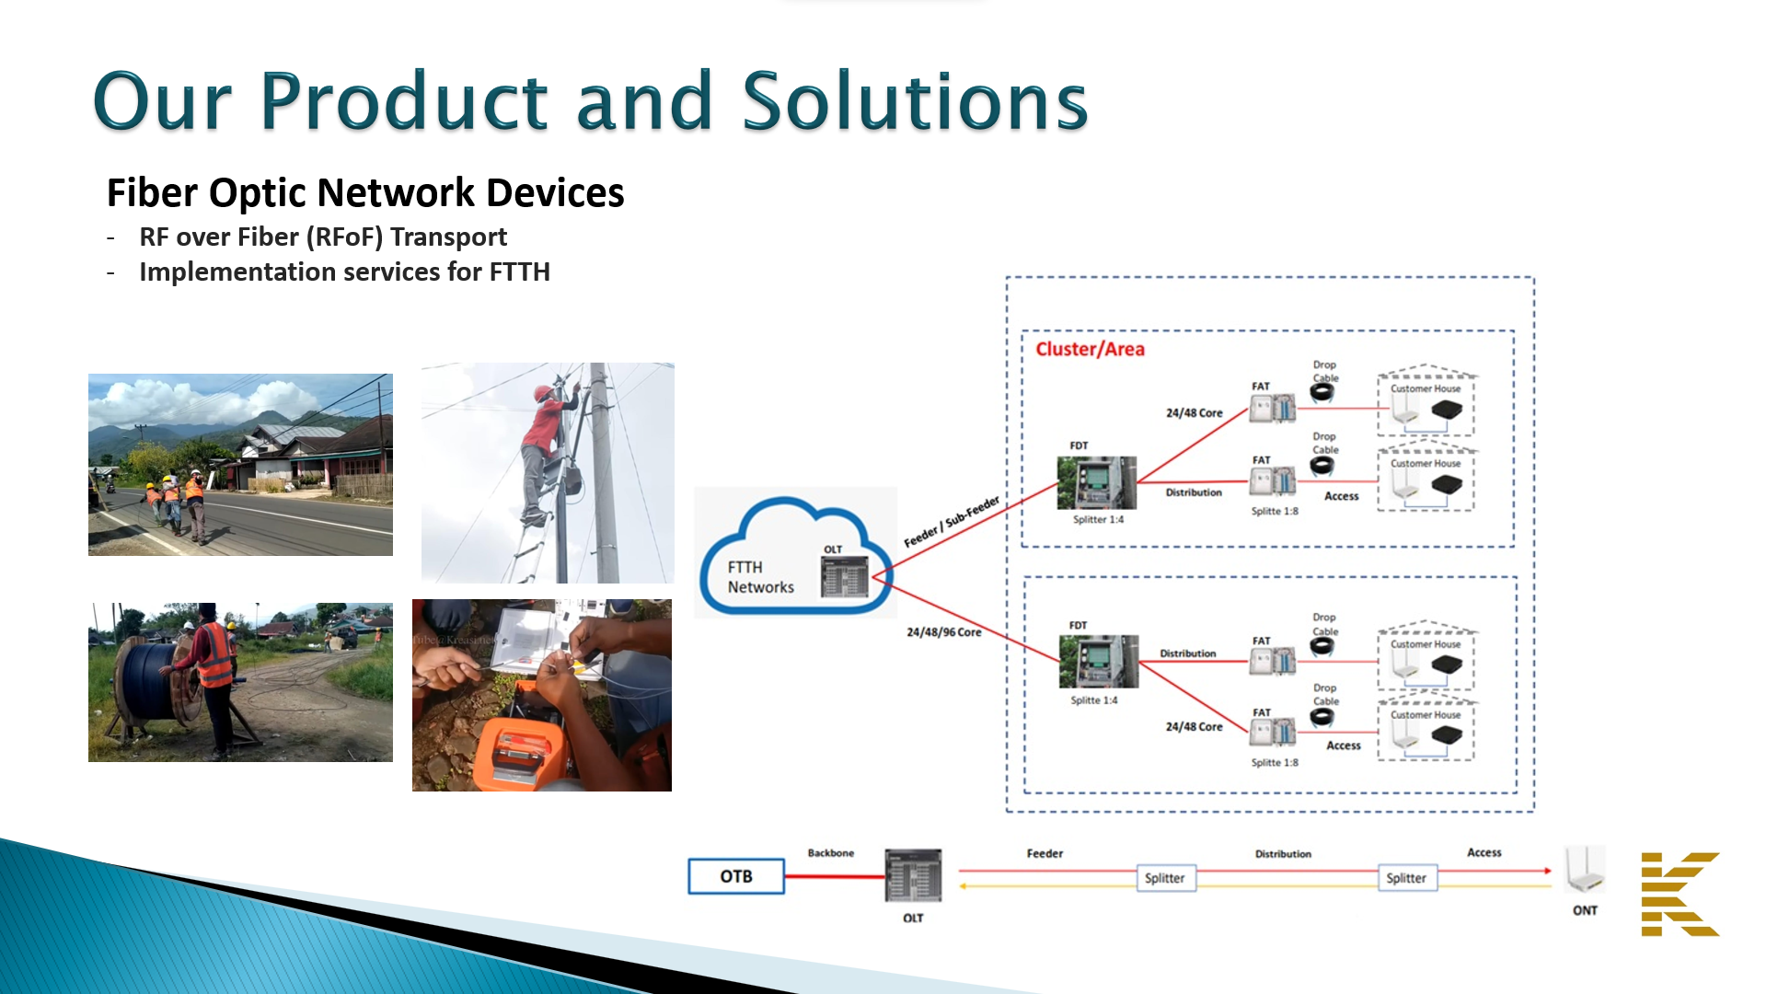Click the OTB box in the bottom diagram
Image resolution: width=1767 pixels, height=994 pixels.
point(736,876)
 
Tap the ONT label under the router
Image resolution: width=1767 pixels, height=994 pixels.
point(1585,910)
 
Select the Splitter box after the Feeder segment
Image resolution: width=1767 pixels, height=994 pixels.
point(1164,878)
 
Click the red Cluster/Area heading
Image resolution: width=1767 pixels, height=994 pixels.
point(1090,349)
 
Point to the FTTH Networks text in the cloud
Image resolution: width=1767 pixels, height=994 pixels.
point(760,577)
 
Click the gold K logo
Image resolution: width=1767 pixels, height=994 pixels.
point(1680,894)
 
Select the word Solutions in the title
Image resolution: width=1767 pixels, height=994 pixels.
point(915,101)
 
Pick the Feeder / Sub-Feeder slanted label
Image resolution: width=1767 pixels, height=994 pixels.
point(951,522)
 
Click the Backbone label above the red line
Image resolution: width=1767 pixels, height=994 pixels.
point(830,853)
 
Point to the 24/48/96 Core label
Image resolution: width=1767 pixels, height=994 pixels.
point(943,632)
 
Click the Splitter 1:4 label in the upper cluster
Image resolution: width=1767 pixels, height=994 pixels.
point(1098,519)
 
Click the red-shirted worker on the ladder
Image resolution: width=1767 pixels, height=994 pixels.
point(545,451)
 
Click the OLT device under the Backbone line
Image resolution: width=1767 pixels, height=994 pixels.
point(913,876)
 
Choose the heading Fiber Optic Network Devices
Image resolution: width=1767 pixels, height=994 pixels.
point(365,193)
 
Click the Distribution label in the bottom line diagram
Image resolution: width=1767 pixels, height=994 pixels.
point(1283,854)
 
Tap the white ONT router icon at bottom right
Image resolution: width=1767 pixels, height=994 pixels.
point(1585,870)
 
